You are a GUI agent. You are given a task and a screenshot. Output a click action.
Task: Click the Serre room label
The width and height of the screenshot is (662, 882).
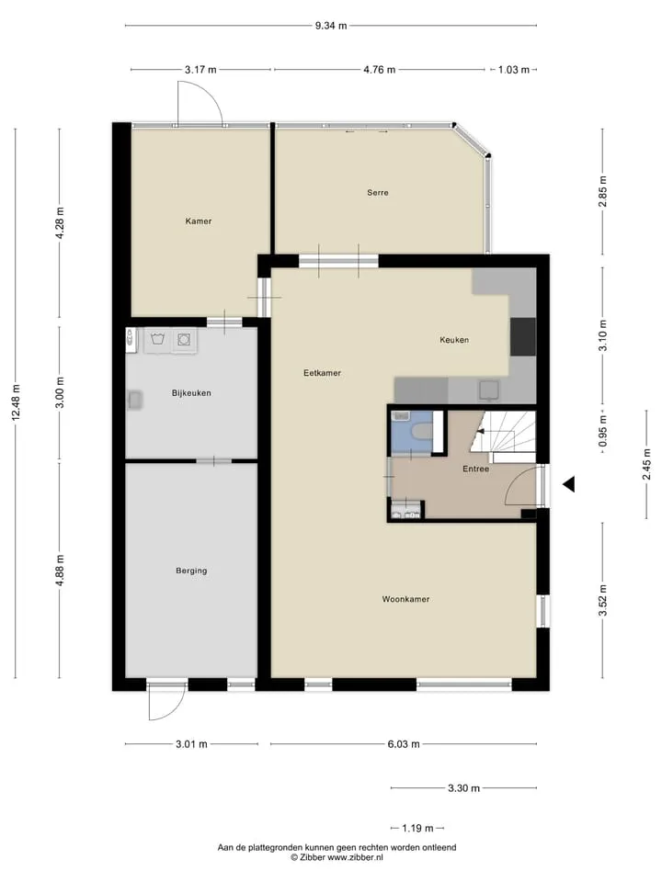tap(377, 192)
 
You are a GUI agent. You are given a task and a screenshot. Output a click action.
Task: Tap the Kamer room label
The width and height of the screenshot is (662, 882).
tap(199, 221)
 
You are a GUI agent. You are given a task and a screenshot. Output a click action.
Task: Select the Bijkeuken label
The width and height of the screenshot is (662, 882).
tap(191, 392)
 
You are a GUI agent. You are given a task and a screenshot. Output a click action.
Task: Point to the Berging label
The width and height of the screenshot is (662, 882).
tap(191, 571)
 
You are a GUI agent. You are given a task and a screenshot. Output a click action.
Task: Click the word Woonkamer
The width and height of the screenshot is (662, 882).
tap(405, 599)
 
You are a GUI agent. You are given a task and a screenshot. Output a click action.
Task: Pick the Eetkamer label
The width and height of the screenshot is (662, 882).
tap(322, 372)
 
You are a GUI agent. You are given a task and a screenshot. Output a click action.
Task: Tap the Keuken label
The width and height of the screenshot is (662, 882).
tap(453, 340)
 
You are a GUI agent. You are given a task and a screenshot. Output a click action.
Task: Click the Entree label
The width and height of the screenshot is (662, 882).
tap(475, 469)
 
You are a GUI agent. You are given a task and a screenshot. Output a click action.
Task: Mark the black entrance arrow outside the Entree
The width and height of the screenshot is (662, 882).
tap(568, 484)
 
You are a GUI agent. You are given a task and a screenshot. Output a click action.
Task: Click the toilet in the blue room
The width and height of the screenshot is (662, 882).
tap(422, 432)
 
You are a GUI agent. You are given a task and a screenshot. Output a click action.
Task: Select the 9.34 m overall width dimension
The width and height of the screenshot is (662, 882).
tap(330, 26)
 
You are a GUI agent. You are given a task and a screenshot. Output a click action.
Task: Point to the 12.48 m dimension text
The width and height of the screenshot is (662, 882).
tap(16, 402)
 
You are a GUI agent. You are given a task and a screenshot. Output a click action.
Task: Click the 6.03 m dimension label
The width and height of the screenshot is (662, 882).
tap(403, 743)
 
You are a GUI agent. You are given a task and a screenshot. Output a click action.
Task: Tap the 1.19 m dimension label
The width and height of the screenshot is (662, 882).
tap(417, 828)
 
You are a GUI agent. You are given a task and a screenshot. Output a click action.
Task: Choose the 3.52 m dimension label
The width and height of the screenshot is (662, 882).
tap(603, 600)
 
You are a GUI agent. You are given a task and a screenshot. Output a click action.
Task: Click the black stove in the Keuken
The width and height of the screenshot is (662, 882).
tap(522, 336)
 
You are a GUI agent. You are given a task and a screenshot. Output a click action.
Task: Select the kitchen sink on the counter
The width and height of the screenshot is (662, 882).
tap(488, 390)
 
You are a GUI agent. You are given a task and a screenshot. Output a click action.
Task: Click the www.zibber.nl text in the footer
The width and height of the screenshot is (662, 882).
tap(355, 858)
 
